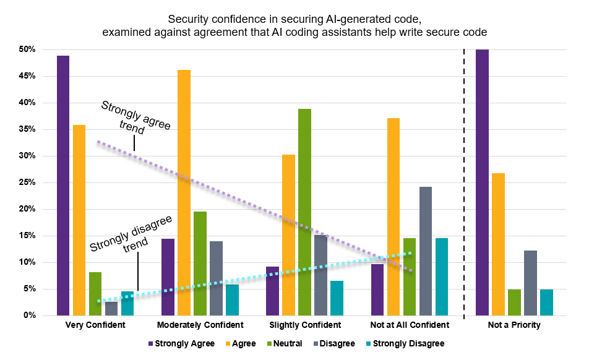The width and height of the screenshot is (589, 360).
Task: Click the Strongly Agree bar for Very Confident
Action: coord(62,186)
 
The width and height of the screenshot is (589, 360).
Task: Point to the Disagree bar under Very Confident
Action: coord(111,309)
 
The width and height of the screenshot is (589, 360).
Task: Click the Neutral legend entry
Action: coord(284,343)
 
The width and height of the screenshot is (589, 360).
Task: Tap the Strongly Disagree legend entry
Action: coord(407,343)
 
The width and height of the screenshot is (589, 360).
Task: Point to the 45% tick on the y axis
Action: coord(28,76)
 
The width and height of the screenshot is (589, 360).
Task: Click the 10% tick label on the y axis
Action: coord(28,262)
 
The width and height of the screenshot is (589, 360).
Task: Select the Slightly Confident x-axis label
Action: coord(304,325)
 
